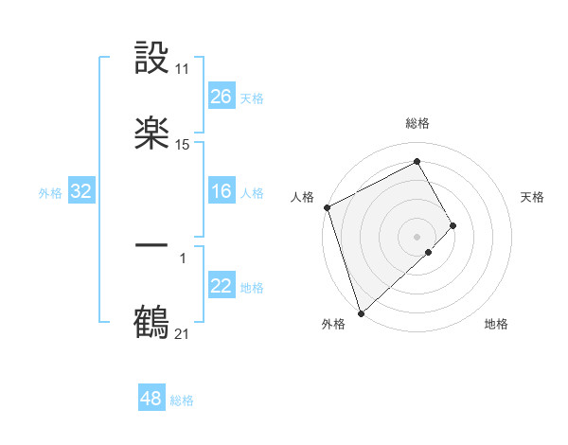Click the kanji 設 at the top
coord(152,58)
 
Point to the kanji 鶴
coord(152,322)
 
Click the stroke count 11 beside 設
coord(183,69)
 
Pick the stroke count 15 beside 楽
coord(183,145)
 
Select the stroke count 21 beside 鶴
coord(183,333)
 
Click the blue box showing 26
coord(222,97)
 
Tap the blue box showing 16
coord(222,192)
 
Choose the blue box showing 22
coord(222,287)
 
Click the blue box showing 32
coord(81,192)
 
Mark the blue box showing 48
coord(151,400)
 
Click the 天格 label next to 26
coord(252,98)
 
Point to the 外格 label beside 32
coord(50,193)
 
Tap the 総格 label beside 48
coord(182,400)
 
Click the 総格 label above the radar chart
coord(417,124)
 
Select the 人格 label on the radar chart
coord(302,197)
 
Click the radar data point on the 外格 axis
coord(360,312)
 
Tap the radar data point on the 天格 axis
coord(453,225)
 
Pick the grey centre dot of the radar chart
coord(417,237)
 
